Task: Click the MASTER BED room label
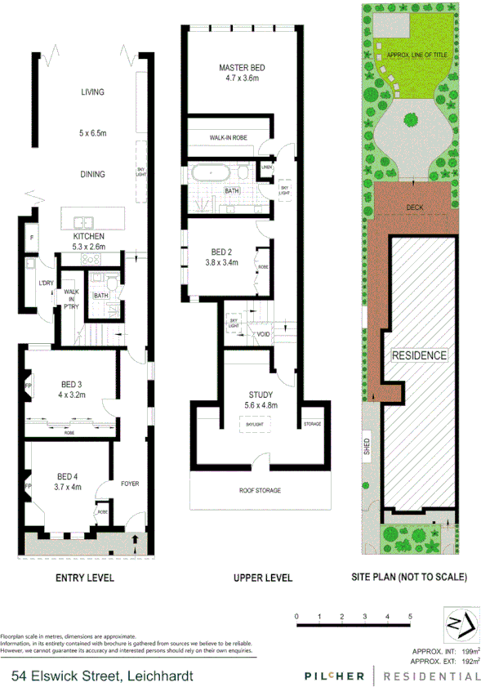pyautogui.click(x=242, y=67)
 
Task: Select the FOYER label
pyautogui.click(x=131, y=484)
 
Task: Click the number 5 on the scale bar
pyautogui.click(x=410, y=616)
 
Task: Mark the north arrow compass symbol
pyautogui.click(x=458, y=626)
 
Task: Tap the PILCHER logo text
pyautogui.click(x=334, y=676)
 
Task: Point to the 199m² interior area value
pyautogui.click(x=469, y=650)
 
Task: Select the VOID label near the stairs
pyautogui.click(x=263, y=334)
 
